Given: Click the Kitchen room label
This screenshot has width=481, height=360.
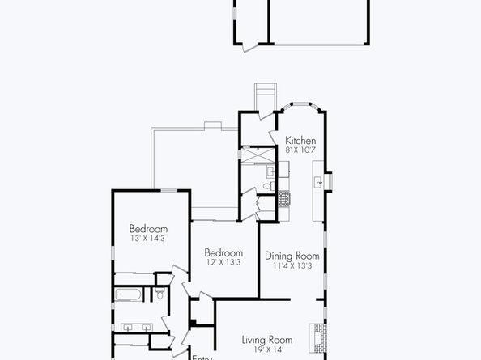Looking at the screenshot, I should point(300,141).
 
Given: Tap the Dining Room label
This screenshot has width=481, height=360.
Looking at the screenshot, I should point(292,256).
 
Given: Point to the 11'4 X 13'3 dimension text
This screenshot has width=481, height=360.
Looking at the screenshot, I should point(292,265).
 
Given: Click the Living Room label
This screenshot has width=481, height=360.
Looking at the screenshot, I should point(268,340).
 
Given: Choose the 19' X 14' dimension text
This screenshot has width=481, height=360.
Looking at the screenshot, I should point(268,349).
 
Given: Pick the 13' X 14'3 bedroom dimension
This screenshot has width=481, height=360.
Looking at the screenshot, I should point(148,239).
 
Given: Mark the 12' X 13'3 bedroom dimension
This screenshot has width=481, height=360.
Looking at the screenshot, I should point(223,262).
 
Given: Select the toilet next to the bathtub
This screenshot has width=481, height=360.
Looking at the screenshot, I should point(160,294).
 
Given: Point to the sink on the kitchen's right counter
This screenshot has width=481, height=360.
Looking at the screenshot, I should point(321,183).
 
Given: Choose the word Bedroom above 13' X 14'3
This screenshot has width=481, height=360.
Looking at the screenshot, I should point(148,229).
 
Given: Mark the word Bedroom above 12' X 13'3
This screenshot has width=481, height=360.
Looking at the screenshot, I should point(223,252).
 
